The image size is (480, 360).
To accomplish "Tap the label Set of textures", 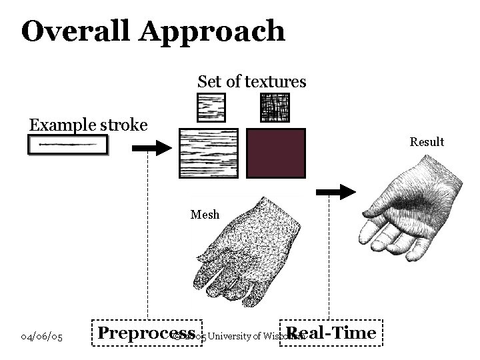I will click(x=251, y=82).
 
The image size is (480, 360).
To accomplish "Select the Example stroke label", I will click(x=87, y=125).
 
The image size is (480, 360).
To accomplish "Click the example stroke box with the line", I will click(x=67, y=145).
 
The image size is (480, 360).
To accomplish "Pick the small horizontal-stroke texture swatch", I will click(x=211, y=107).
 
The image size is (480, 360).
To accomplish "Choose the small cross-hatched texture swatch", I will click(x=275, y=107).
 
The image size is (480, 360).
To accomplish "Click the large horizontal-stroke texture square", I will click(x=208, y=153).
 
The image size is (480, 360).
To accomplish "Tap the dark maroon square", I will click(x=276, y=153).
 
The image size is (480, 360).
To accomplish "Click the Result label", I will click(x=427, y=142).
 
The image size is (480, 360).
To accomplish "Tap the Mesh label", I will click(x=205, y=214).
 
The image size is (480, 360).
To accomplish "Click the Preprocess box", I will click(x=146, y=333).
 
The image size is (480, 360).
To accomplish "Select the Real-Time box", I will click(x=331, y=333).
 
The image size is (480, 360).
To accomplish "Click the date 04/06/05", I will click(x=42, y=337).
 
